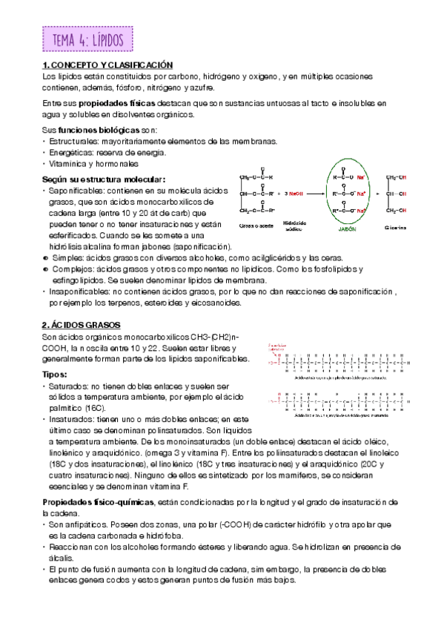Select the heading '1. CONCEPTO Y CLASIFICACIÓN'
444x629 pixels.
click(x=107, y=66)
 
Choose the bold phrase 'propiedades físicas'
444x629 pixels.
click(x=110, y=103)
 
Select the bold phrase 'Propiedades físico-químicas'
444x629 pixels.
click(x=96, y=502)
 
